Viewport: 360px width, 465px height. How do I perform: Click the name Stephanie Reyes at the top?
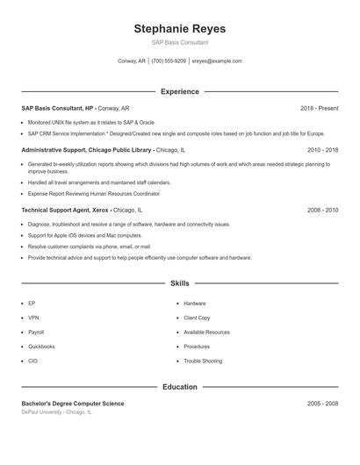coord(180,28)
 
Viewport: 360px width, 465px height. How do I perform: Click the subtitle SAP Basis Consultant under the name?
coord(180,42)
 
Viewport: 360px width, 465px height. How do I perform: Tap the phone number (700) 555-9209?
coord(169,61)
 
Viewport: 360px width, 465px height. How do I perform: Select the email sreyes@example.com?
coord(217,61)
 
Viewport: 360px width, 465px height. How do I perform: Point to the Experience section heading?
coord(180,91)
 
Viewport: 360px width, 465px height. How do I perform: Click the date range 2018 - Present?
coord(319,108)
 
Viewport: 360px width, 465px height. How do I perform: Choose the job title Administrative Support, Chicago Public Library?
coord(89,150)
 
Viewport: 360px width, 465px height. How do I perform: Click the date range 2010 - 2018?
coord(322,150)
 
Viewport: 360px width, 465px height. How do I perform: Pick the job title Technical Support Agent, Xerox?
coord(66,211)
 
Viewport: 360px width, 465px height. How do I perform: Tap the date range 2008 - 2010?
coord(322,211)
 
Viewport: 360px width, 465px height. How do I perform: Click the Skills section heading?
coord(180,283)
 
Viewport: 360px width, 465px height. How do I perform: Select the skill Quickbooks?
coord(41,347)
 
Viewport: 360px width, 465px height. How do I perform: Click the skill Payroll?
coord(36,333)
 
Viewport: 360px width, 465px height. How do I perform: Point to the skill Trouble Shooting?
coord(203,361)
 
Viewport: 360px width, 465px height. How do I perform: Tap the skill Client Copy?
coord(197,318)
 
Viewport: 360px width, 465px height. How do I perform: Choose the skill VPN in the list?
coord(33,318)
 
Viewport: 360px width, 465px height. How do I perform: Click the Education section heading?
coord(180,386)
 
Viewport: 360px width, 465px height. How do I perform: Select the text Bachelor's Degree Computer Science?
coord(73,404)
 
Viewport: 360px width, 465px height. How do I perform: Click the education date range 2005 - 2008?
coord(322,404)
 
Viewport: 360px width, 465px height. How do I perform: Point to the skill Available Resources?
coord(206,333)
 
